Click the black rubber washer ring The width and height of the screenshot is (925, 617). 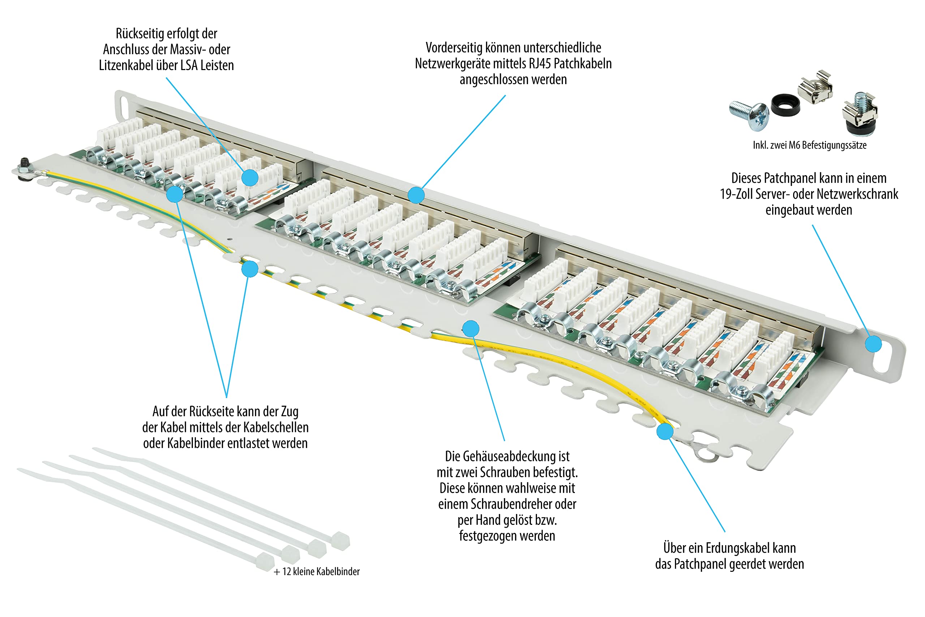point(785,105)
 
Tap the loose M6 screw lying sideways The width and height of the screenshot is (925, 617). point(749,115)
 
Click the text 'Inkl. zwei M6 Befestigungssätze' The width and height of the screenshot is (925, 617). point(809,145)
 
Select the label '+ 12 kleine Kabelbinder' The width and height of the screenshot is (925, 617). point(317,571)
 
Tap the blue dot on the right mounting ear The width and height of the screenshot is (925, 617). point(873,344)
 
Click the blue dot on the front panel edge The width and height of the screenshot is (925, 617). point(416,195)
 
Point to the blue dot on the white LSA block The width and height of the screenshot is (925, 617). point(250,177)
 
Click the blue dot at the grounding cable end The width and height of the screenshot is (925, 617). point(665,432)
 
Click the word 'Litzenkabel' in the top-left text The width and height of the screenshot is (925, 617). point(126,65)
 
